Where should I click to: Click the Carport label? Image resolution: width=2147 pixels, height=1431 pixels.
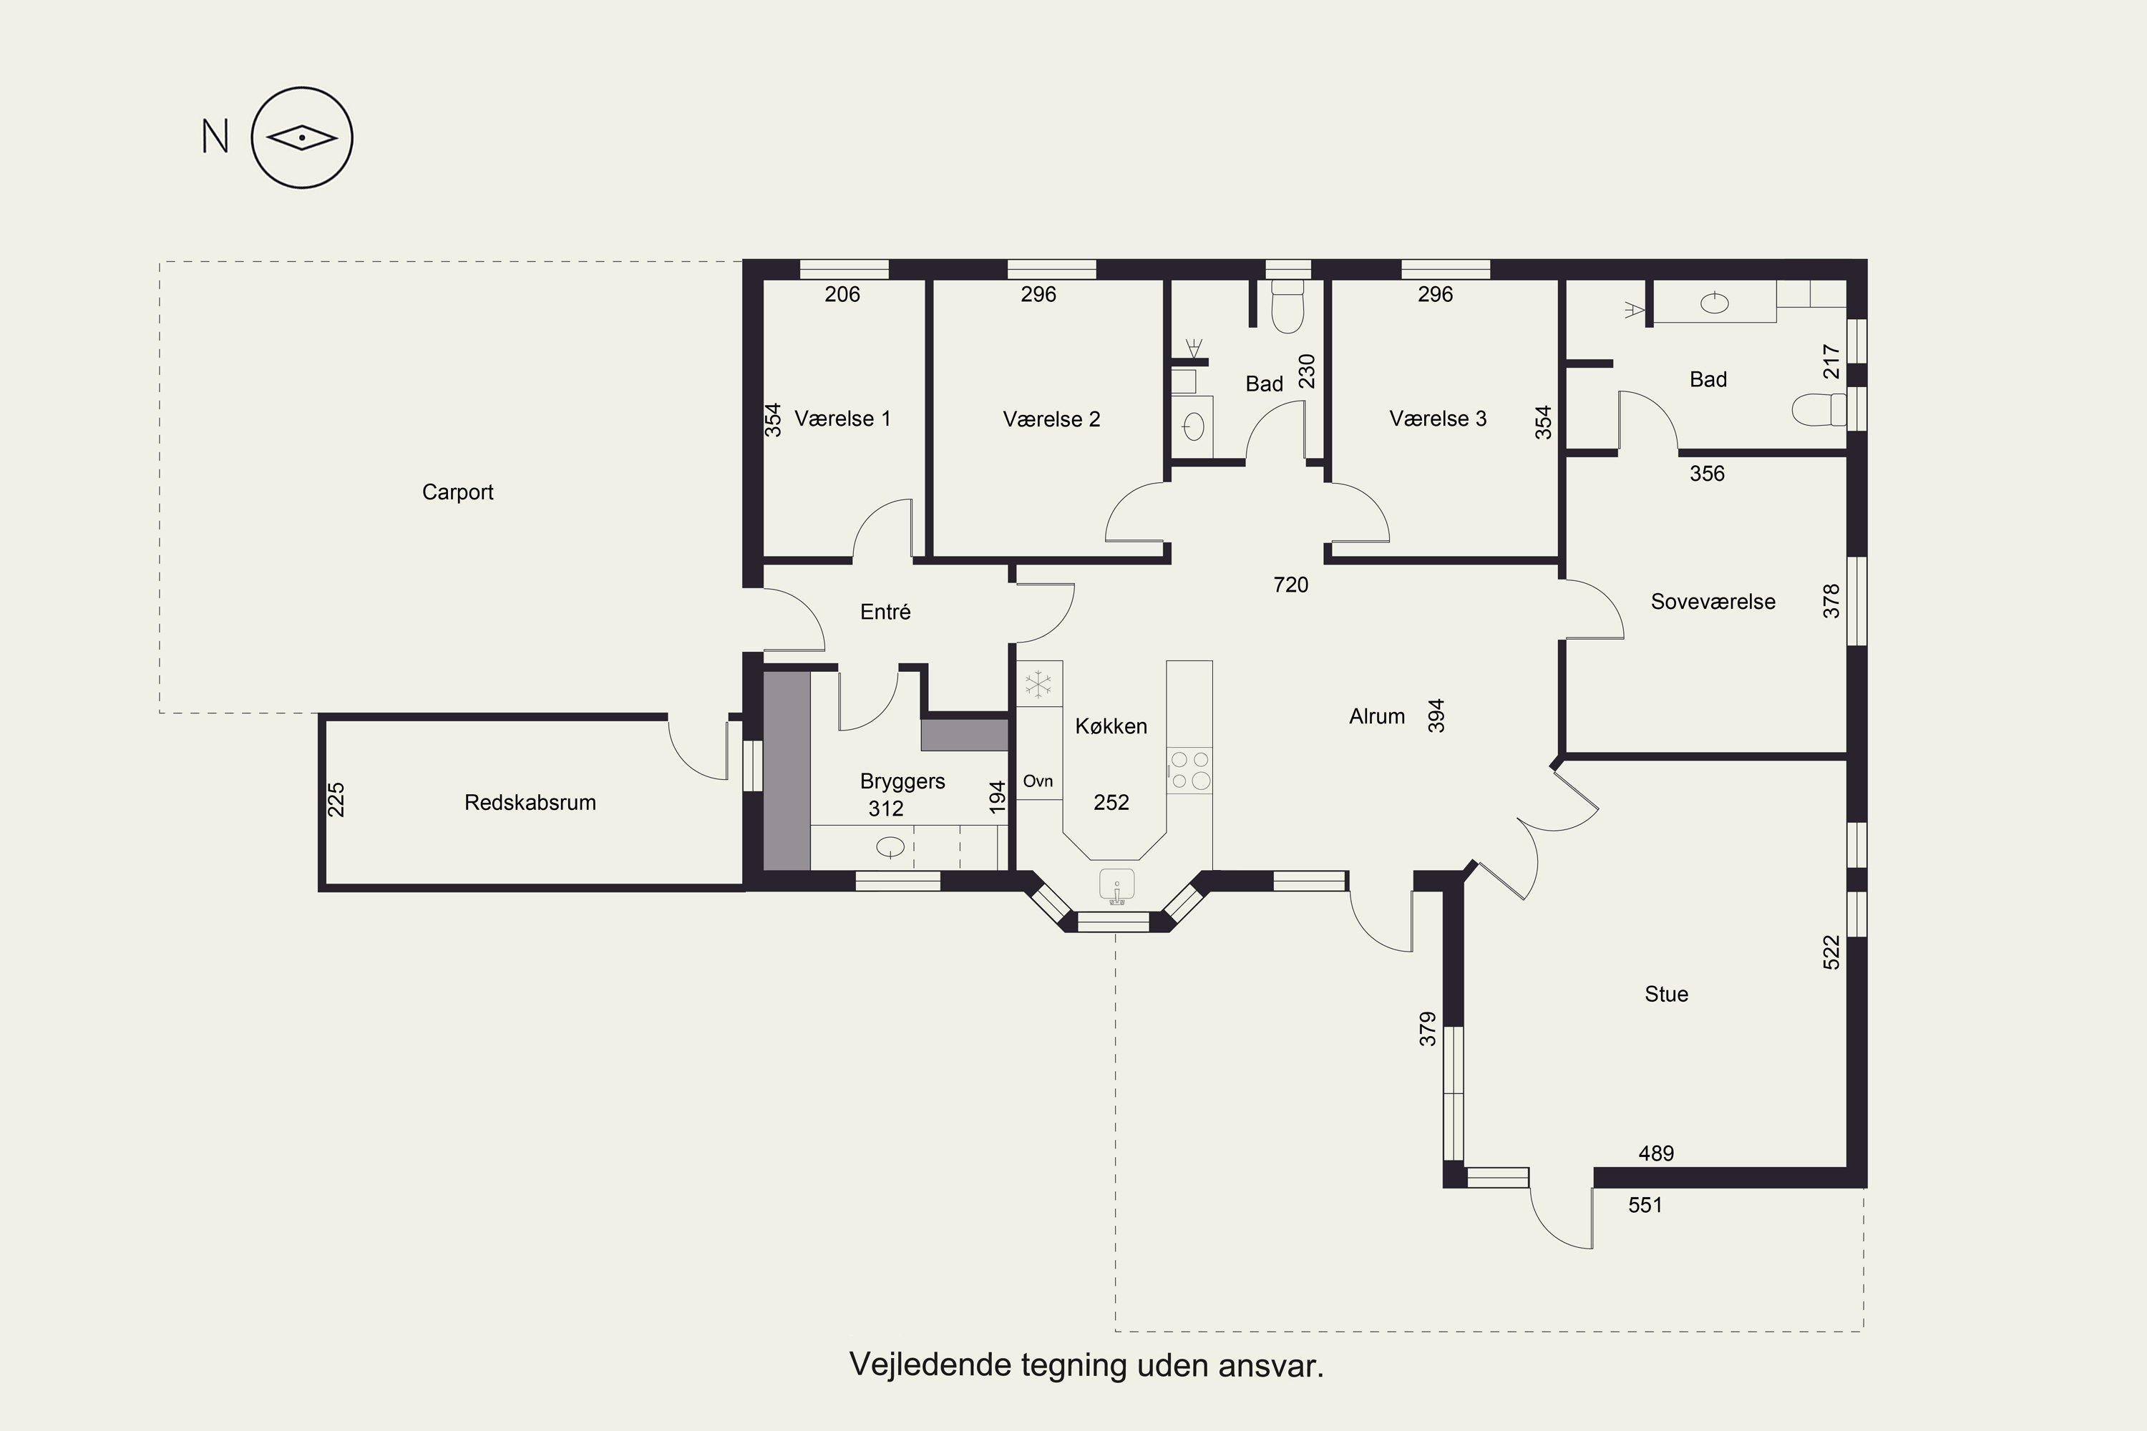click(x=457, y=493)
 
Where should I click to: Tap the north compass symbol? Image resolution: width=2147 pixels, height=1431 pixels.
click(x=302, y=138)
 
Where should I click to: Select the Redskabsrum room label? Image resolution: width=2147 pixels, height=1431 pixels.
click(x=530, y=803)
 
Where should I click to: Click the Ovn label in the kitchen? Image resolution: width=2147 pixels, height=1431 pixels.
click(x=1038, y=781)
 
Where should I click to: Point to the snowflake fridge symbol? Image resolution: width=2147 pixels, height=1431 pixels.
click(x=1038, y=683)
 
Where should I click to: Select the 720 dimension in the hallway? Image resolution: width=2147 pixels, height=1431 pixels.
click(x=1291, y=585)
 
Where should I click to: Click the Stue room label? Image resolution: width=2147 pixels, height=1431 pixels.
click(x=1666, y=995)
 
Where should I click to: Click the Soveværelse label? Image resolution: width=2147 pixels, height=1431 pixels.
click(x=1713, y=602)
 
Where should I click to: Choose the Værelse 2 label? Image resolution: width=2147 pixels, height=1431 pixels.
click(x=1051, y=420)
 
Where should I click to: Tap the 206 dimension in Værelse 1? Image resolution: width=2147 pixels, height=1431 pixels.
click(x=842, y=295)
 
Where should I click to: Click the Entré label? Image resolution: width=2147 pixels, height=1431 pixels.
click(x=885, y=612)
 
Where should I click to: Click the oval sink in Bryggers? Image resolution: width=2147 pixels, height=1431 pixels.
click(x=890, y=848)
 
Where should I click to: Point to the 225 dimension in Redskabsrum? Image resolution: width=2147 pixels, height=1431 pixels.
click(x=336, y=799)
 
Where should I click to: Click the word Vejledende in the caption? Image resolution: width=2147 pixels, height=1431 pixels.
click(x=922, y=1366)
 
